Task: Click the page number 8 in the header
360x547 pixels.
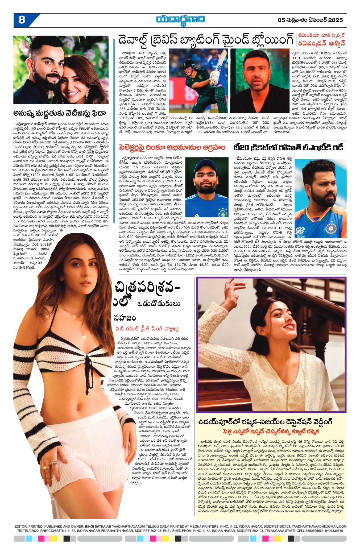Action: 22,20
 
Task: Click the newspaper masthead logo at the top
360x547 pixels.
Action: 180,20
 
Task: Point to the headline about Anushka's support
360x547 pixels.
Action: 60,113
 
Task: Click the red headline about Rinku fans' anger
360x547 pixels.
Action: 172,147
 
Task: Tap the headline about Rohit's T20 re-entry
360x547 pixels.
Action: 288,147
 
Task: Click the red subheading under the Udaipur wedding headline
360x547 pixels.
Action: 271,431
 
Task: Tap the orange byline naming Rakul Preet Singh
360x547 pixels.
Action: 147,329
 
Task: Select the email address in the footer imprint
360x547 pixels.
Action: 319,526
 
